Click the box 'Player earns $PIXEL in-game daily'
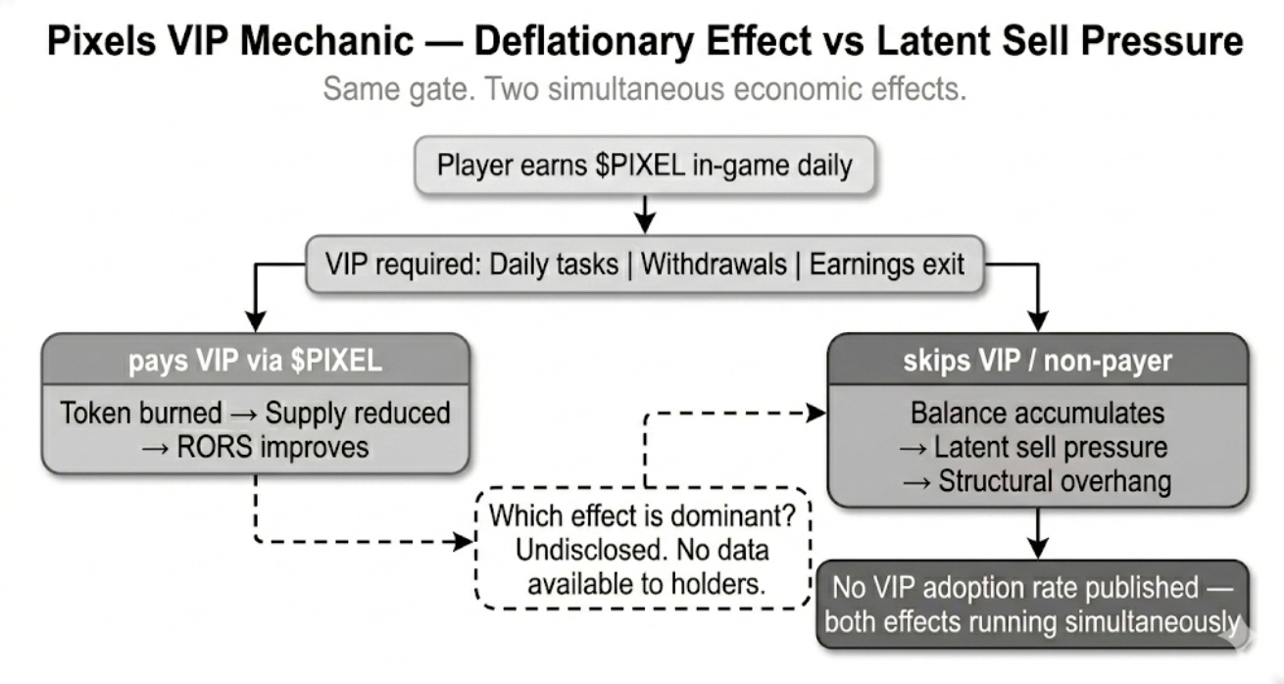tap(644, 164)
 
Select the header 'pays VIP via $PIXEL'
tap(255, 361)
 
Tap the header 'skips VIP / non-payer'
tap(1037, 361)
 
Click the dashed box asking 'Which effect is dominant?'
tap(643, 548)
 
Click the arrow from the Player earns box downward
tap(644, 212)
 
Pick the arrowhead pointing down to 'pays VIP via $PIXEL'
tap(255, 321)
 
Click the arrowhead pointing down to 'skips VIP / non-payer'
tap(1037, 321)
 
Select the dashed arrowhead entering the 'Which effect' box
tap(465, 541)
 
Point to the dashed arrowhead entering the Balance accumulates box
tap(817, 414)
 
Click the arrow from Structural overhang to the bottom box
tap(1037, 533)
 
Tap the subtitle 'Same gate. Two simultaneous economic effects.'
tap(644, 89)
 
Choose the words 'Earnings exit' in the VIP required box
tap(886, 264)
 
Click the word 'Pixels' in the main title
tap(106, 41)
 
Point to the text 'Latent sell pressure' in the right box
tap(1051, 448)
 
